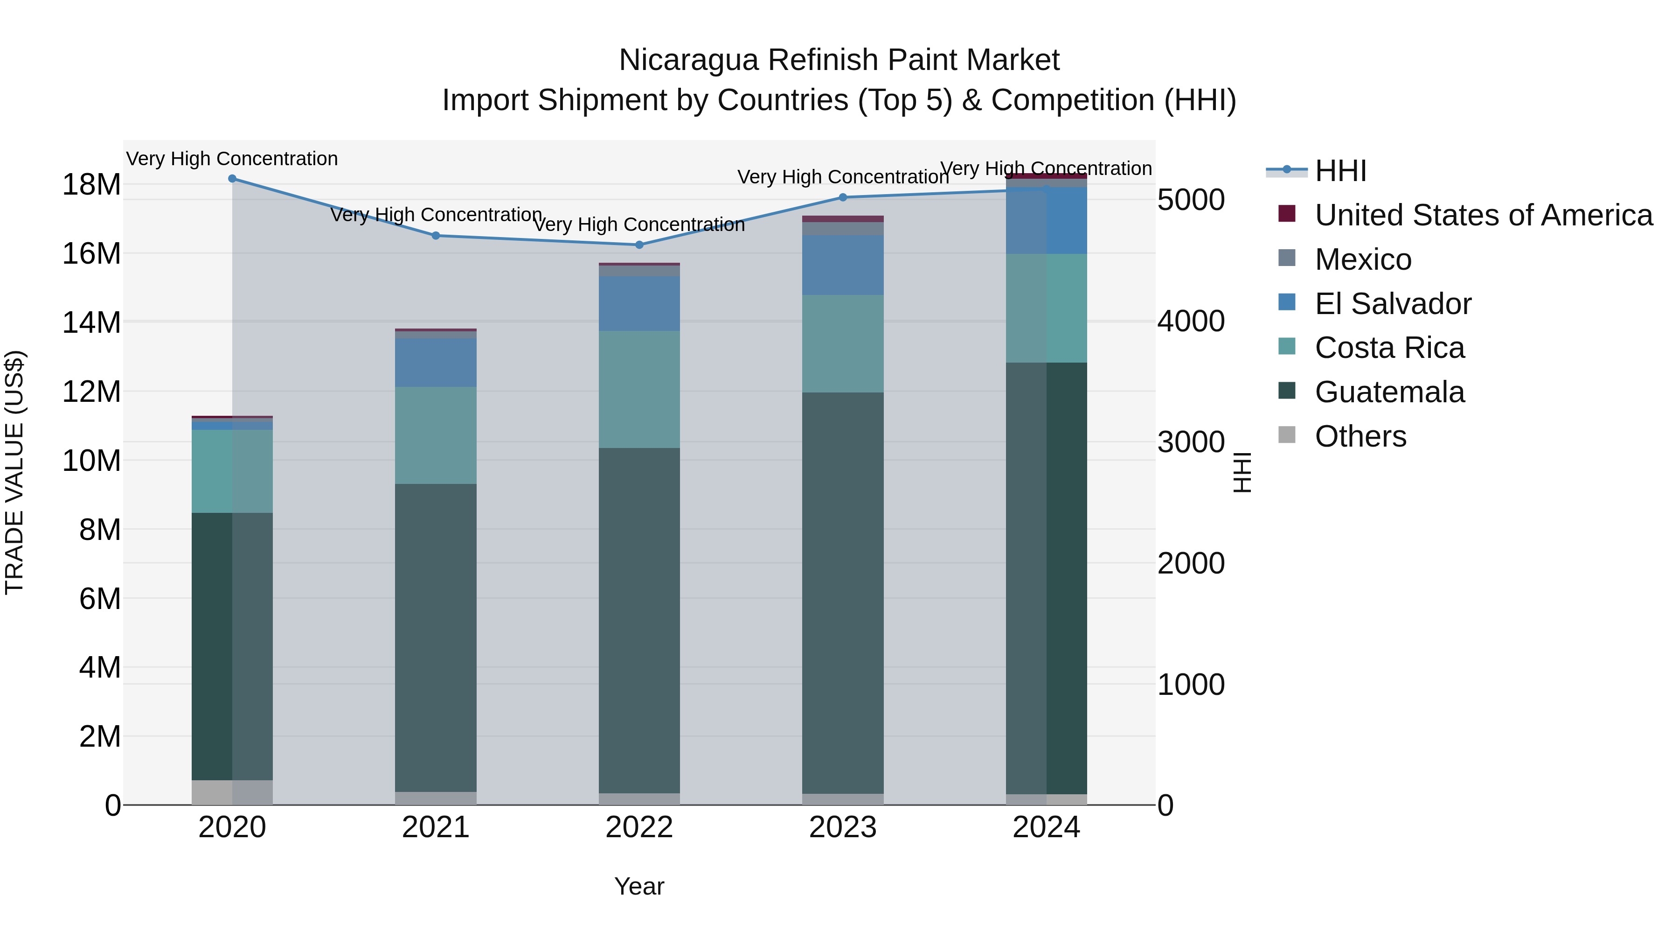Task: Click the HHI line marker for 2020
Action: tap(232, 179)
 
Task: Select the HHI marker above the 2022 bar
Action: tap(639, 245)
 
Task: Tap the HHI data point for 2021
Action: tap(436, 236)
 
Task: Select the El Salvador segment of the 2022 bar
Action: tap(639, 303)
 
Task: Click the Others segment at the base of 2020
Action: tap(232, 792)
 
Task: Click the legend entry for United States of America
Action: tap(1483, 215)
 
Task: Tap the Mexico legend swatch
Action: tap(1287, 258)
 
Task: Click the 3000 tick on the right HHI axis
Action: tap(1190, 442)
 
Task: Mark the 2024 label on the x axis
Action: tap(1046, 827)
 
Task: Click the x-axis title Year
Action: tap(639, 886)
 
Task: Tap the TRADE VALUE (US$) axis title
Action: tap(14, 472)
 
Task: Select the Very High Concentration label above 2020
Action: tap(232, 159)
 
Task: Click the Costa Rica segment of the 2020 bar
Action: tap(232, 471)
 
